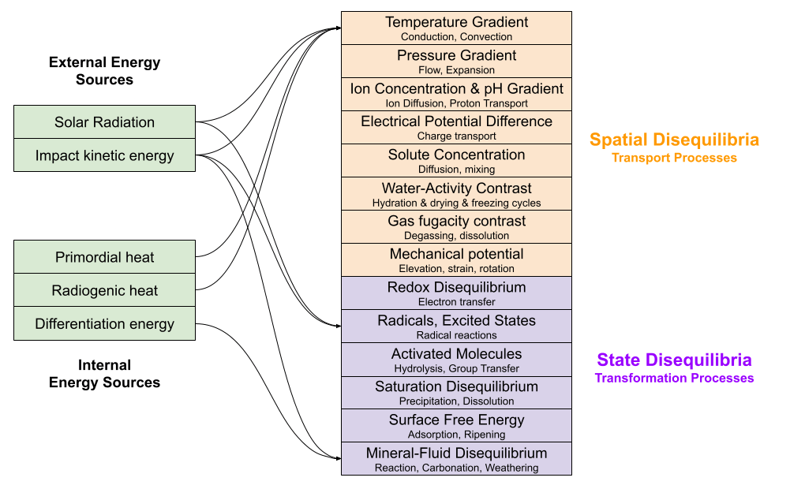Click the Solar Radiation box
pos(104,122)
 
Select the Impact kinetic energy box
pos(104,155)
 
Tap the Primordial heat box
pos(104,257)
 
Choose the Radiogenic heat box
pos(104,290)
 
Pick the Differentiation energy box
pos(104,323)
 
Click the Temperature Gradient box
pos(456,28)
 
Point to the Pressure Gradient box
pos(456,62)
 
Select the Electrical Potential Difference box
pos(456,128)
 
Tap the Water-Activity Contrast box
pos(456,194)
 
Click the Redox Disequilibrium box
pos(456,293)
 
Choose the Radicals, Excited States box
pos(456,326)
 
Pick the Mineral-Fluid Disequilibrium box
pos(456,459)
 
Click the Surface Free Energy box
pos(456,426)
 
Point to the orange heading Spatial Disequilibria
pos(674,140)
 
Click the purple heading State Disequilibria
pos(674,360)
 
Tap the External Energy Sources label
pos(104,70)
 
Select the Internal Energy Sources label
pos(104,373)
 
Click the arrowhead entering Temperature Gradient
pos(339,28)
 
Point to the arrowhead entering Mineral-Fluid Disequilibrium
pos(339,458)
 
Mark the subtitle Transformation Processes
pos(674,378)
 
